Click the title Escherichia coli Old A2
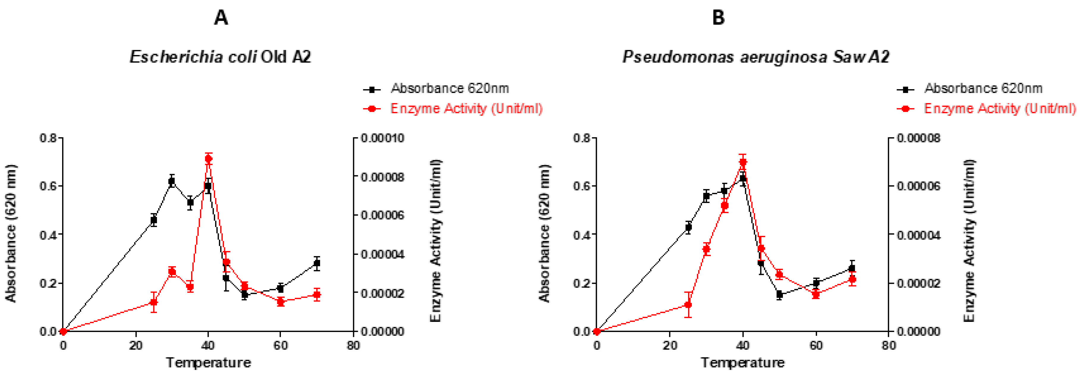tap(220, 57)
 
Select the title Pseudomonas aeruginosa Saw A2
tap(755, 57)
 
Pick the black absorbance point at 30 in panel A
tap(171, 181)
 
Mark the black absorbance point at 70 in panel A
tap(317, 263)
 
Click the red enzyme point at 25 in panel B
tap(688, 305)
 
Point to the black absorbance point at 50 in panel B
tap(779, 294)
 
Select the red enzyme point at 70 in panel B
tap(852, 279)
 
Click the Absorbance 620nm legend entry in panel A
tap(449, 89)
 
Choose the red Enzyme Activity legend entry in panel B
tap(999, 109)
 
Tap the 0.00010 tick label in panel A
tap(382, 138)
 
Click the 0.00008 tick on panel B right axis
tap(918, 138)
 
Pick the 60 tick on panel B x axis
tap(816, 346)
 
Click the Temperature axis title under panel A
tap(209, 363)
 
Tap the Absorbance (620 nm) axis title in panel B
tap(544, 233)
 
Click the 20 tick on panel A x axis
tap(136, 346)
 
